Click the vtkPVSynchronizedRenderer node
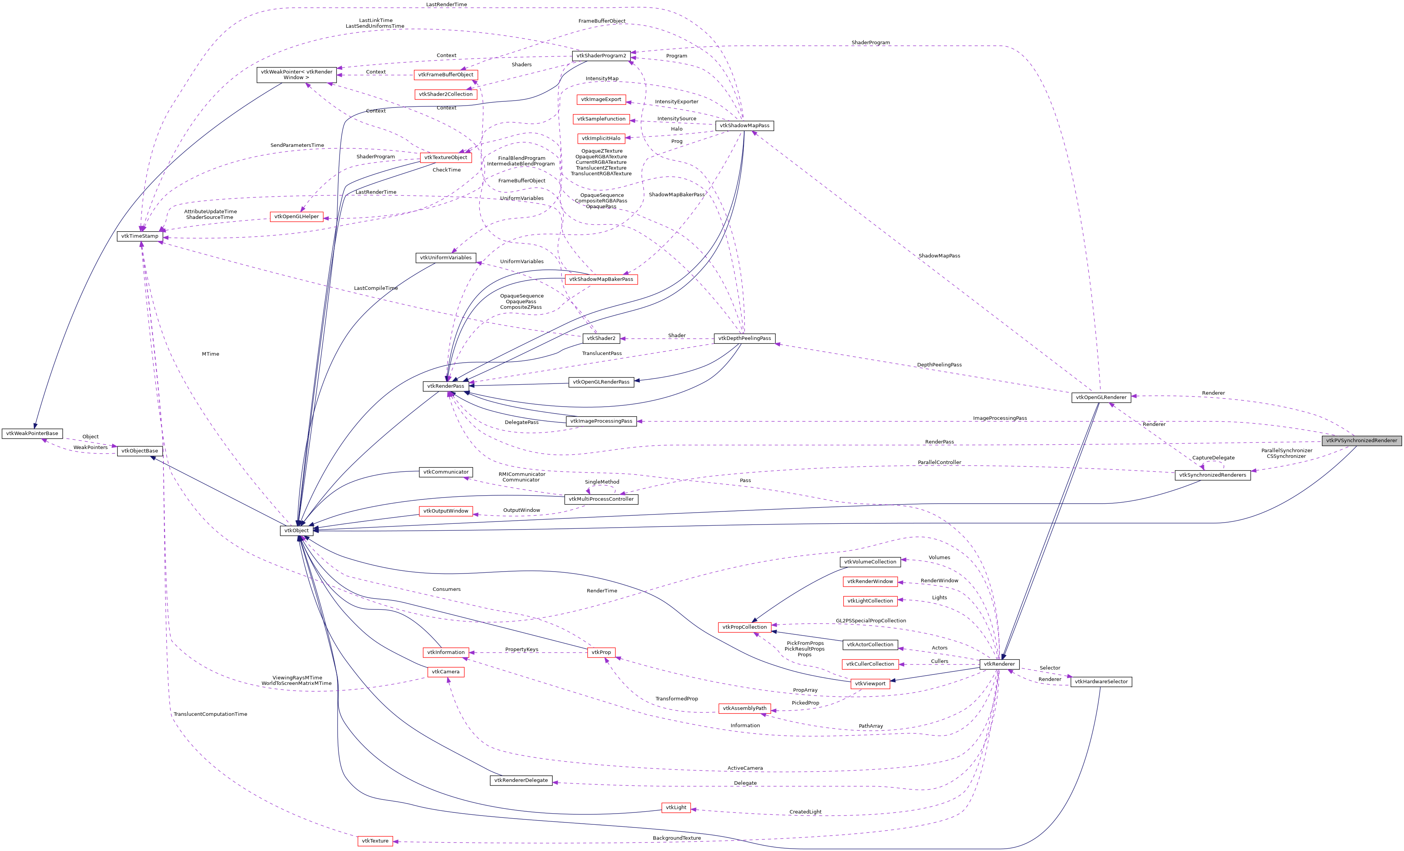tap(1361, 441)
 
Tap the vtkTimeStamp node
tap(140, 236)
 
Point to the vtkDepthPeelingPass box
tap(744, 338)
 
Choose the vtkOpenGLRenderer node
tap(1101, 398)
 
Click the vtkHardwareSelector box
tap(1101, 682)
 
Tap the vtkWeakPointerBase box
tap(32, 434)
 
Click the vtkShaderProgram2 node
tap(601, 56)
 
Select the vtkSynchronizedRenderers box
tap(1212, 475)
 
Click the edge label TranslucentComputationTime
tap(210, 714)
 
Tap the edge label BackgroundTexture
tap(676, 838)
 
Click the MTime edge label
tap(210, 354)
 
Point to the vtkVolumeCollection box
tap(870, 562)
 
